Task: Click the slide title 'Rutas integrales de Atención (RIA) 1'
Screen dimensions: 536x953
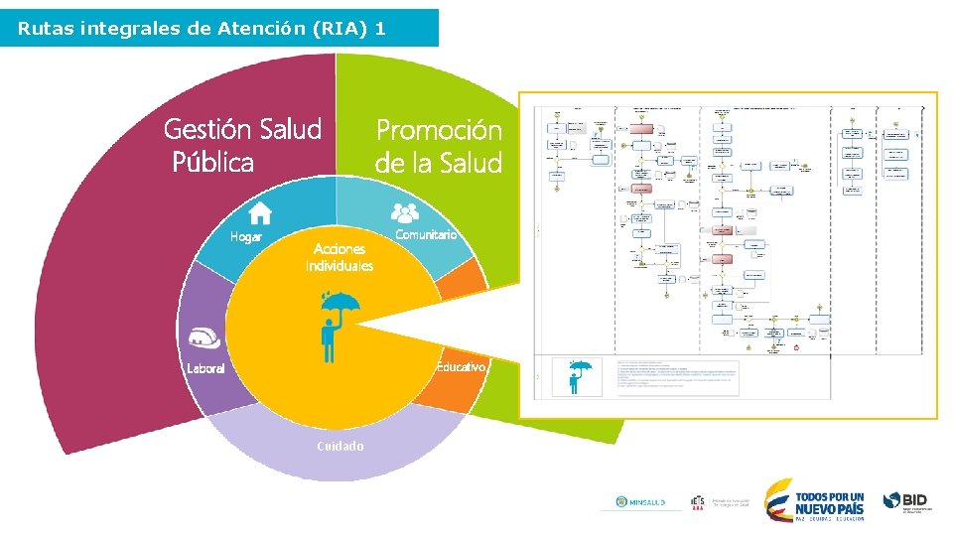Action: point(202,29)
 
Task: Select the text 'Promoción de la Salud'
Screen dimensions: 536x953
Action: point(438,146)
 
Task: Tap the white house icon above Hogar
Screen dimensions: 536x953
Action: point(260,212)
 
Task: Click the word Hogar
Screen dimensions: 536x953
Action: point(246,237)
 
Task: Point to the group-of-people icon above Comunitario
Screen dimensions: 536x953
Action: point(404,211)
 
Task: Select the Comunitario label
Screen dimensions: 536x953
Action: point(425,235)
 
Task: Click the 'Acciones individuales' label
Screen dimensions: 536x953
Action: point(340,257)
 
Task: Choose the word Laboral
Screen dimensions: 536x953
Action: point(206,368)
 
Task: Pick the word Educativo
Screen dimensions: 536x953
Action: point(461,367)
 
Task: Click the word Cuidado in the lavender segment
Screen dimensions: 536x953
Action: point(340,446)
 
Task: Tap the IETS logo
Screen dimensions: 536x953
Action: point(698,503)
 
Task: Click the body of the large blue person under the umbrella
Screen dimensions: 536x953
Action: point(329,341)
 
